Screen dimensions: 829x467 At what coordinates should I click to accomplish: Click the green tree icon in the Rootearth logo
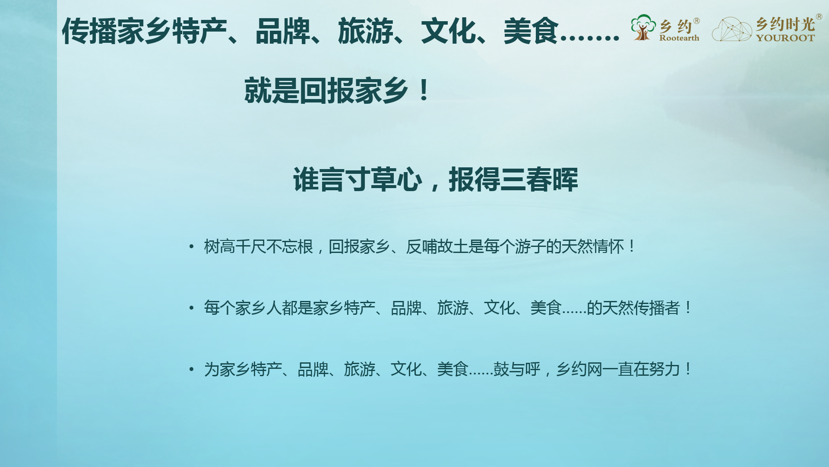point(643,27)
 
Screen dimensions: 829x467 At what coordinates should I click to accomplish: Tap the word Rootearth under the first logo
point(679,38)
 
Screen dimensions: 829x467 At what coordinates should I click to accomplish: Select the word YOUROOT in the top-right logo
point(785,38)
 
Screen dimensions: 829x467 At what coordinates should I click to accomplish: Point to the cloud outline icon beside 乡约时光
point(732,29)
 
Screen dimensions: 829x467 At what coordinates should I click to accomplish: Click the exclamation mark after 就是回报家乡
point(424,90)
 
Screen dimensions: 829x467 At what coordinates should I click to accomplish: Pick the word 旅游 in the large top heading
point(366,31)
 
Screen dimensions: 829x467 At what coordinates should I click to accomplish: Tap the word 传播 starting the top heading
point(89,31)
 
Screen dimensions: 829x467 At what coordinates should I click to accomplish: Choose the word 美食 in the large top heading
point(532,31)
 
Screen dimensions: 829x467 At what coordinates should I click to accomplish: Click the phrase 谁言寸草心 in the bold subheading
point(358,179)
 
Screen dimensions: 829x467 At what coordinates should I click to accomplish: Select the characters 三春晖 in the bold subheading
point(539,179)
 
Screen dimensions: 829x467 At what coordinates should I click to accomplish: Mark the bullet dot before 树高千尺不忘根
point(191,247)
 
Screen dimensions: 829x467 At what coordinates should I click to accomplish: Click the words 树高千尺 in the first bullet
point(235,247)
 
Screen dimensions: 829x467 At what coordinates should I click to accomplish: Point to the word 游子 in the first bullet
point(530,247)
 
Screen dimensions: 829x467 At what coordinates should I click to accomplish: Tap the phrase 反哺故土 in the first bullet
point(437,247)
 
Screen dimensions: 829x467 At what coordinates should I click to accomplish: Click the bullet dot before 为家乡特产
point(191,370)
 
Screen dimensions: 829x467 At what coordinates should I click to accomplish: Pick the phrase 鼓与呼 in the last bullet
point(517,370)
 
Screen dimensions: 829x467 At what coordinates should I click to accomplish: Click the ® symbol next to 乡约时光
point(819,17)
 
